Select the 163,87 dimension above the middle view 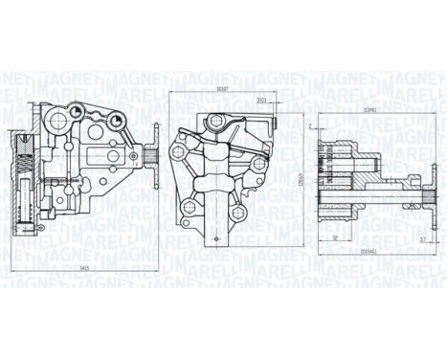pos(226,89)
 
